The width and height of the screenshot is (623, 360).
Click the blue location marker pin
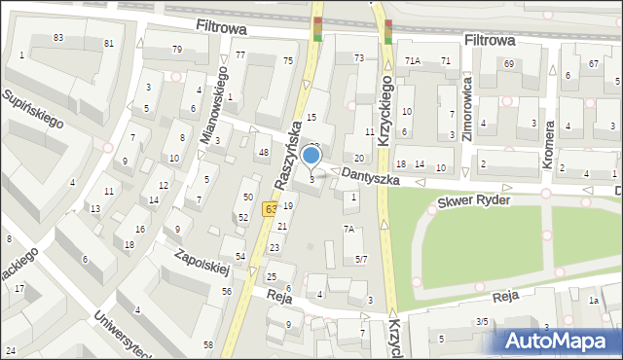pos(311,156)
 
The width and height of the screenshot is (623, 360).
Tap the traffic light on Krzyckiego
pos(388,31)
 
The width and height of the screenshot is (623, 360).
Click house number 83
pos(58,37)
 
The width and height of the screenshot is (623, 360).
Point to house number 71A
pos(413,61)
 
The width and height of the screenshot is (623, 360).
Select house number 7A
pos(348,230)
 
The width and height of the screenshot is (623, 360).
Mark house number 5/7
pos(360,259)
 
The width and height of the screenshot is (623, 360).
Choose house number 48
pos(263,152)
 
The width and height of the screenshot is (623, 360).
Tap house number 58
pos(208,345)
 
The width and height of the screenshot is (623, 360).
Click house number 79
pos(177,50)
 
